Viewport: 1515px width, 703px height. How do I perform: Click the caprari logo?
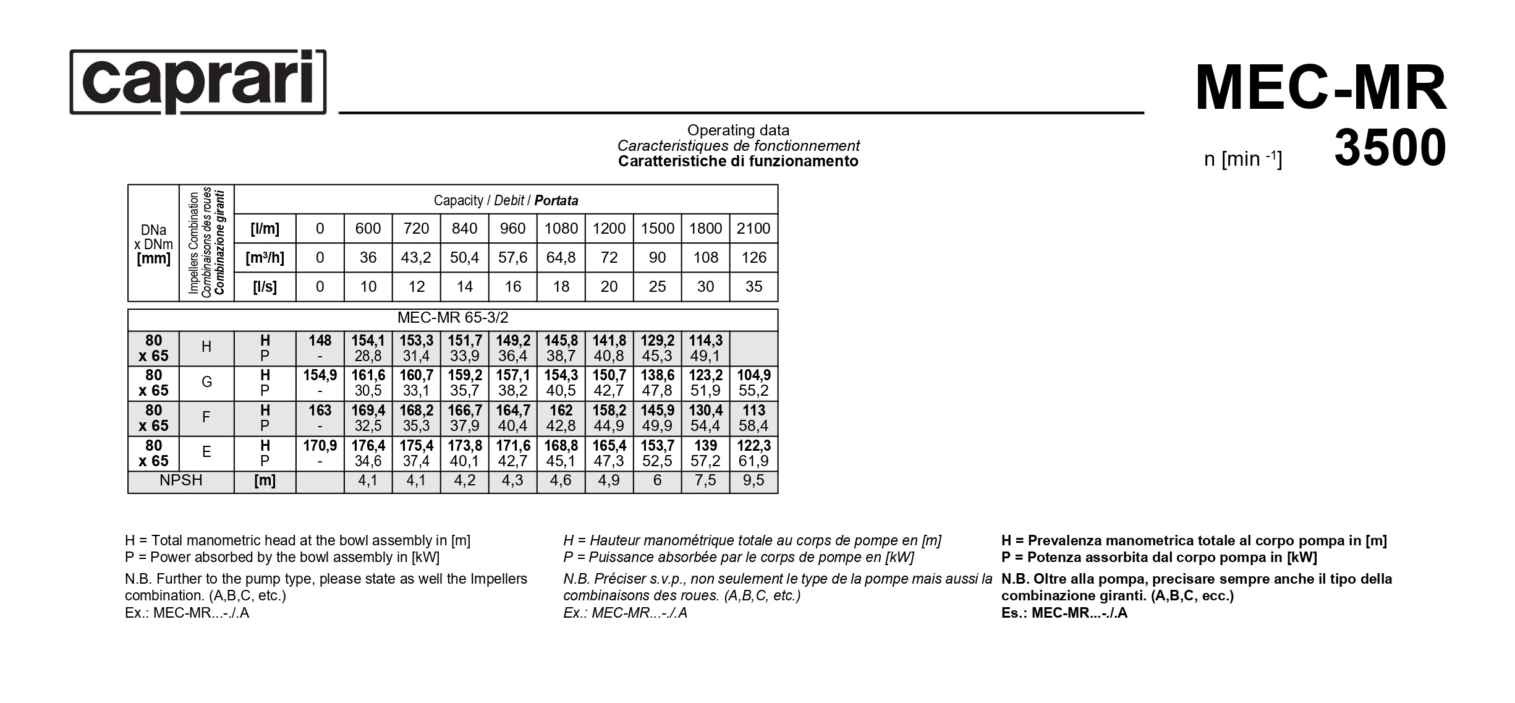pos(198,82)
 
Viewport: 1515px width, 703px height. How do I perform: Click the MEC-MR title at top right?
pos(1320,88)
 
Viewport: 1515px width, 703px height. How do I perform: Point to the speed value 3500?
pos(1390,148)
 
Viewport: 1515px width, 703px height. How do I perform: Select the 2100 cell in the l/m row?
pos(753,229)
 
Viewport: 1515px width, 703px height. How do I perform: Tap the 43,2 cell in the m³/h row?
pos(416,258)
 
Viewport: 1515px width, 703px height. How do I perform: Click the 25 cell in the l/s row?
pos(657,287)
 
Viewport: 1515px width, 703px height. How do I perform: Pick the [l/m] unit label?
pos(265,229)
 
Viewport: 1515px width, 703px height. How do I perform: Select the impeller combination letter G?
pos(206,382)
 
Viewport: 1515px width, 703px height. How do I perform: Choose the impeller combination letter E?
pos(206,452)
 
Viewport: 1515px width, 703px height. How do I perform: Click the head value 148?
pos(320,341)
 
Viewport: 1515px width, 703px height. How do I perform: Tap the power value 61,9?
pos(753,461)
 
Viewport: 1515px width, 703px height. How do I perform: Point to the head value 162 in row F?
pos(561,411)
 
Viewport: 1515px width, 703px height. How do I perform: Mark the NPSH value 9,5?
pos(753,481)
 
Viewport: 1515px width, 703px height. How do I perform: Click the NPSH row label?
pos(180,481)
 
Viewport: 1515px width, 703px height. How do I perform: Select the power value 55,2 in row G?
pos(753,391)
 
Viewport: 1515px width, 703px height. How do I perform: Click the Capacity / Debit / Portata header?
pos(506,200)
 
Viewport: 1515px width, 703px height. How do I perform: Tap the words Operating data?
pos(738,130)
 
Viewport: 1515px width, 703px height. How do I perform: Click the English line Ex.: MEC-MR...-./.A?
pos(187,613)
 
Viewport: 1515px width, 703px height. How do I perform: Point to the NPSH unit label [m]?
pos(265,481)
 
